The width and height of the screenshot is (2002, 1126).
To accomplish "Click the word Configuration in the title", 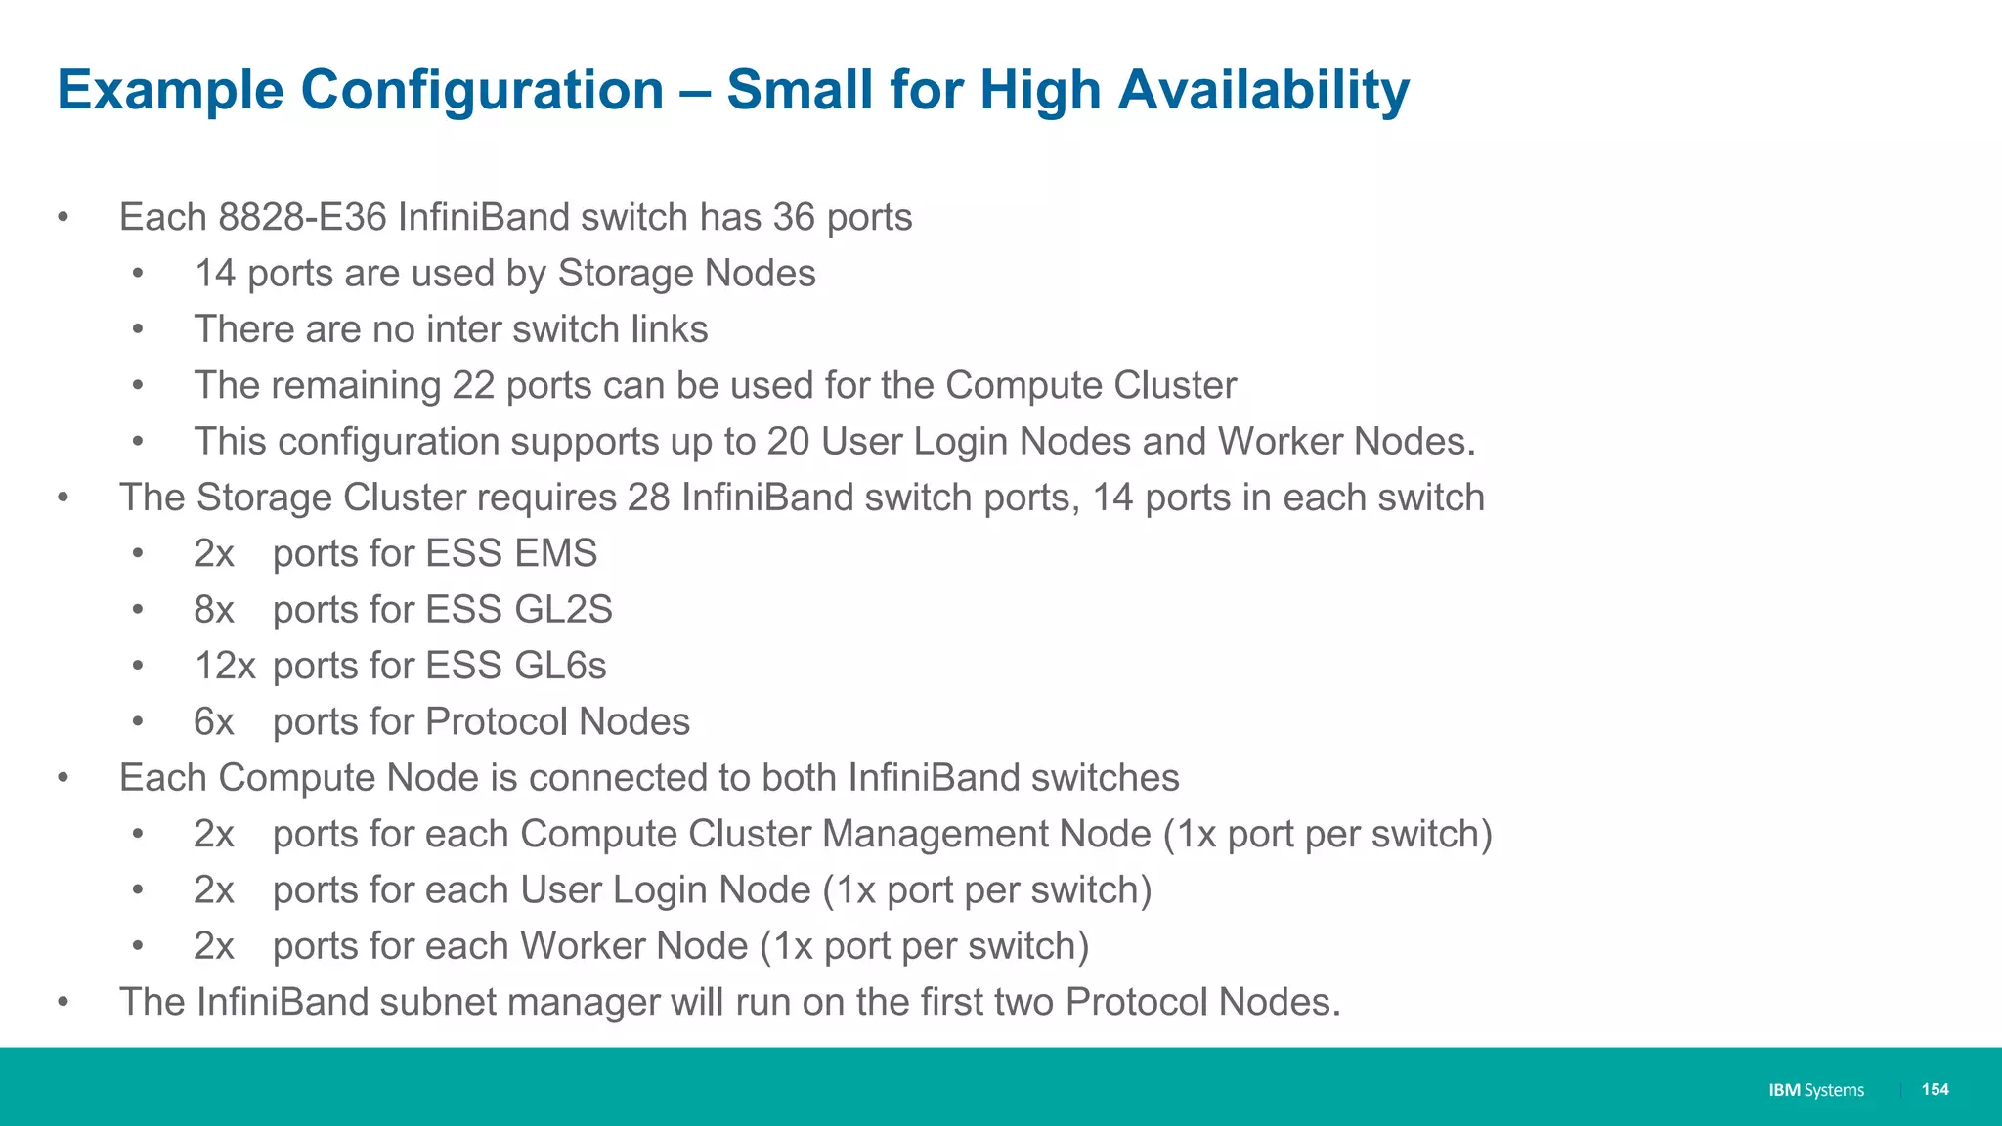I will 482,91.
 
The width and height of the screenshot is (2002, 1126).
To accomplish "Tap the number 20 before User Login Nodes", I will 788,442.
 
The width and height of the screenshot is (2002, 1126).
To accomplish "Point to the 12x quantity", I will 225,667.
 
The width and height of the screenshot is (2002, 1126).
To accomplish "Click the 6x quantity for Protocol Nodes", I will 214,722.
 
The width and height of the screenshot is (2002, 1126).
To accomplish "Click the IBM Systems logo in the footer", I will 1816,1090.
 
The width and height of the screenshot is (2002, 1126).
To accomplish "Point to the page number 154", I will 1935,1090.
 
